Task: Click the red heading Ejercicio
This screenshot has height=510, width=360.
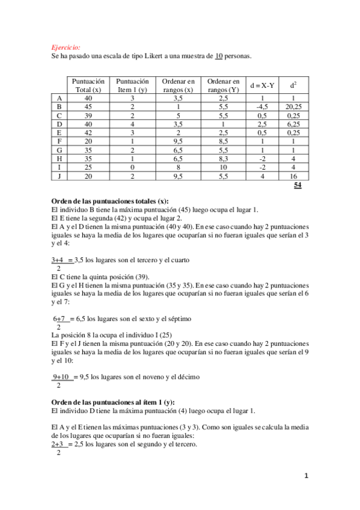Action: click(x=66, y=46)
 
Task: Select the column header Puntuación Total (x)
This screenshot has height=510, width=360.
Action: click(x=88, y=85)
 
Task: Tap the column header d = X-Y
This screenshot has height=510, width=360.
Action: click(x=262, y=85)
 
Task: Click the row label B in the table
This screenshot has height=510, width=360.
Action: click(x=59, y=106)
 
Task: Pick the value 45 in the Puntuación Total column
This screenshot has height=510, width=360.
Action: click(x=88, y=106)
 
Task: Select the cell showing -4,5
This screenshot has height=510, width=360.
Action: click(x=262, y=106)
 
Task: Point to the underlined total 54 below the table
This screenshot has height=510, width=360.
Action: click(x=297, y=186)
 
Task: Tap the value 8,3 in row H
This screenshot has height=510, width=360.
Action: click(x=223, y=159)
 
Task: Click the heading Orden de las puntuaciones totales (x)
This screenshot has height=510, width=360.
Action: click(x=110, y=201)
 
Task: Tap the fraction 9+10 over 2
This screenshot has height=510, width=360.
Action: click(x=63, y=380)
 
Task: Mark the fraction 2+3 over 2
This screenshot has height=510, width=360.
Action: click(x=60, y=448)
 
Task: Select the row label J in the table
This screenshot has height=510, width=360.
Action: click(x=59, y=176)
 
